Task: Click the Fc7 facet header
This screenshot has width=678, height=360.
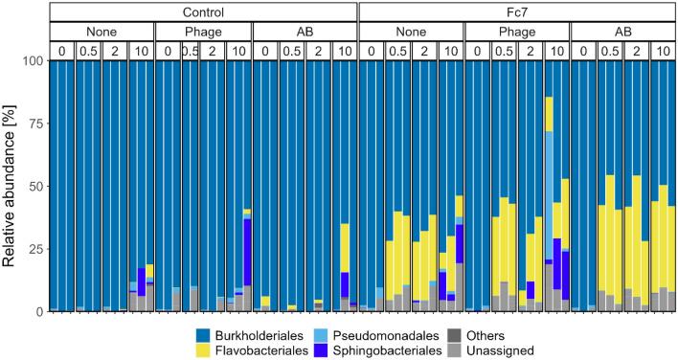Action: click(x=517, y=11)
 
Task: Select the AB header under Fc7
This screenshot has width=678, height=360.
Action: click(x=622, y=31)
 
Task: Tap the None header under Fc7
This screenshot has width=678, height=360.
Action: click(x=411, y=31)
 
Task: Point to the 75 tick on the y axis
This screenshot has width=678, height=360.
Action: click(x=33, y=124)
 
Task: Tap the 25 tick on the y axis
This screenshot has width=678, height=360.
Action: click(x=33, y=249)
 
